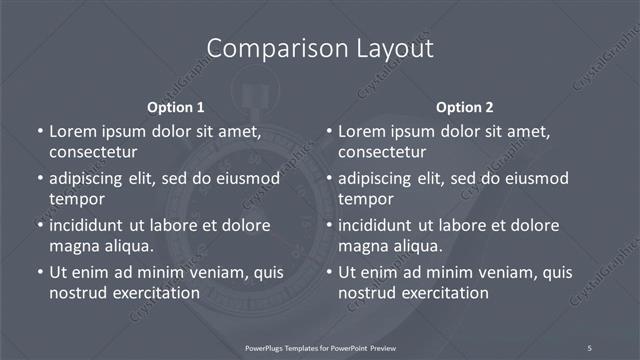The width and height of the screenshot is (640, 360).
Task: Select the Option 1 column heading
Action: point(176,106)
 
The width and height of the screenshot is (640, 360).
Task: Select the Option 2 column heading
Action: point(465,106)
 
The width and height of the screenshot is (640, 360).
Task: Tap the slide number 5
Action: point(590,347)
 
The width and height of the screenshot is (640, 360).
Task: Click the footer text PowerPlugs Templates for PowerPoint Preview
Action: point(321,347)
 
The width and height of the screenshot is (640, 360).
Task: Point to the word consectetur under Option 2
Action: point(383,152)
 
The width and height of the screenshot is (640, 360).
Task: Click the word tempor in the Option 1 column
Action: point(74,199)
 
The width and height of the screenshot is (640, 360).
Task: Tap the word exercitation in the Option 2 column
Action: point(444,293)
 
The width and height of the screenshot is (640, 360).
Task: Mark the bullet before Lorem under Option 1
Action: point(39,131)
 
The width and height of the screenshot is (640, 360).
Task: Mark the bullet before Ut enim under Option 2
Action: point(329,272)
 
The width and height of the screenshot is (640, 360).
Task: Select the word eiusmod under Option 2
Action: point(531,178)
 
